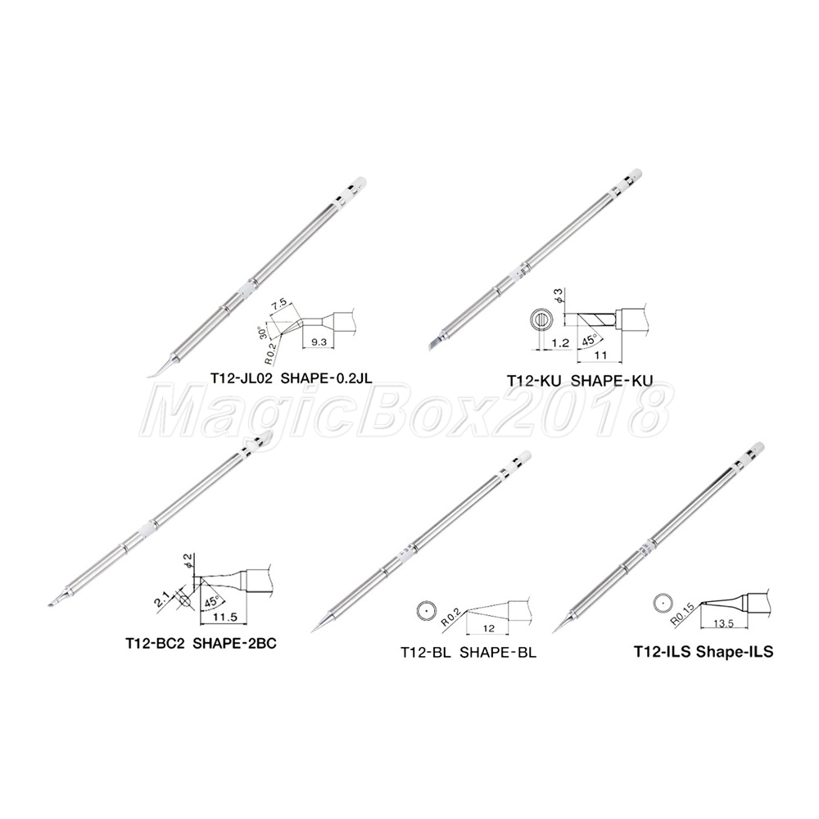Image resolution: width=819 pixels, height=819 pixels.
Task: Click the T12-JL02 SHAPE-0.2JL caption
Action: coord(292,378)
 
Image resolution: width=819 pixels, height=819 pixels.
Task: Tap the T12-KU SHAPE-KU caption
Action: coord(580,380)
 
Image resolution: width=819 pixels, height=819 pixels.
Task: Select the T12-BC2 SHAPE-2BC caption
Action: coord(201,643)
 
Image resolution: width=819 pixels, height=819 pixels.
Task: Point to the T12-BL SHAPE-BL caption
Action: coord(468,653)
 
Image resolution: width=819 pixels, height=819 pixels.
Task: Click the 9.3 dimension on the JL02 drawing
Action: coord(318,342)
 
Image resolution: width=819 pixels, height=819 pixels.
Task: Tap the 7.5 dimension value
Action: coord(279,304)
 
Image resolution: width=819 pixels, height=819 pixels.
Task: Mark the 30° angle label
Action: coord(264,333)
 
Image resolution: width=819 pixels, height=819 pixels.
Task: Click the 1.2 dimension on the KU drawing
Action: coord(559,342)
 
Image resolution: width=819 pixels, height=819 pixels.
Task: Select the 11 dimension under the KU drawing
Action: coord(600,355)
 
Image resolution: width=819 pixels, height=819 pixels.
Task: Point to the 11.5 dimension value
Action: coord(226,617)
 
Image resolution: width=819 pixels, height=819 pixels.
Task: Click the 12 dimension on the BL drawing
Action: coord(488,628)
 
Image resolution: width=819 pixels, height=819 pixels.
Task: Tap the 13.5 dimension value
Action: coord(723,623)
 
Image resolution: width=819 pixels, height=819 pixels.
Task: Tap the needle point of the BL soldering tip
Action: coord(312,632)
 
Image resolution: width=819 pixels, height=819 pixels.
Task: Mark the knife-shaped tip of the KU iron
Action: coord(433,342)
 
